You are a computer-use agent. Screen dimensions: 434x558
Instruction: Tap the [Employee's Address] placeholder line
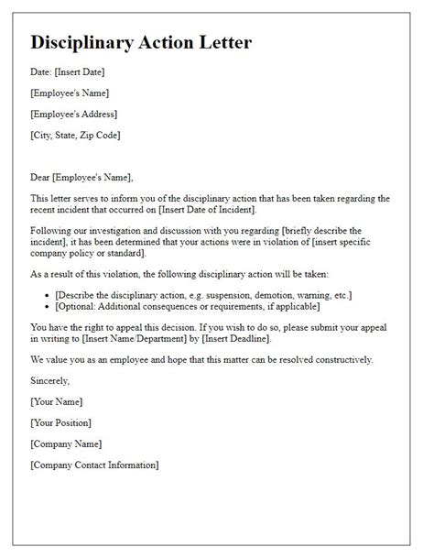point(73,115)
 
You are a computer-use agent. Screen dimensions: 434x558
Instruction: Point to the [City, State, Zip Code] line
point(75,136)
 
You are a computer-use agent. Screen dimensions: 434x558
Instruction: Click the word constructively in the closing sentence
point(316,359)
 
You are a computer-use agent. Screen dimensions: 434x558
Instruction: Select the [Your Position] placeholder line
point(60,422)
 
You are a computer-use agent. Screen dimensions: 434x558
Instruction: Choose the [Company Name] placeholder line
point(67,443)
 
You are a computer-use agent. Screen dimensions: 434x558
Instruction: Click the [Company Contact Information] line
point(94,465)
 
